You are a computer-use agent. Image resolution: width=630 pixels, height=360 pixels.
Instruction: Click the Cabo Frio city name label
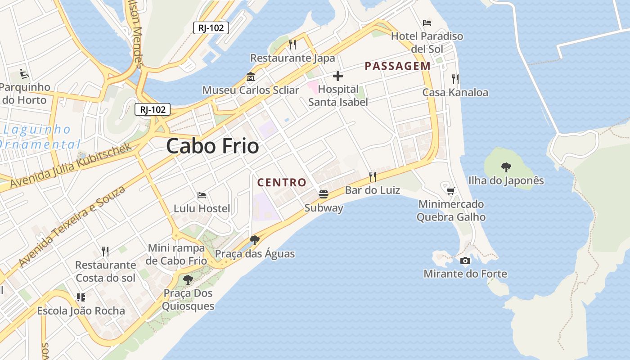tap(212, 146)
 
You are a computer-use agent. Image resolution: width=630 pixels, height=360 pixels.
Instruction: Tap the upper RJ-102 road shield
tap(211, 28)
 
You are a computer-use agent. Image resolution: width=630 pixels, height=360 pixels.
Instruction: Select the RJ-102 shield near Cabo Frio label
tap(153, 109)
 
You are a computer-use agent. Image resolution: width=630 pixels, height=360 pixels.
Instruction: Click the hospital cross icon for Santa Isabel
tap(337, 76)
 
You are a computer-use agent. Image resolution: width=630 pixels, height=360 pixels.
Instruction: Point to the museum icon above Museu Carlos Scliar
tap(250, 77)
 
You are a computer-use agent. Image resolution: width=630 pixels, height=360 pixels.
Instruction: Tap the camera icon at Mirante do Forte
tap(465, 261)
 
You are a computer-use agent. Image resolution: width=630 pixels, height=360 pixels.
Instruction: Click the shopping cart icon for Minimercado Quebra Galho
tap(450, 191)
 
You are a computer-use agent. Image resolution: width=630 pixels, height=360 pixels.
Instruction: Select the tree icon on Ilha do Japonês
tap(506, 167)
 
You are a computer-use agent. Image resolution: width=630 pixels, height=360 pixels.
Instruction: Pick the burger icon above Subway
tap(323, 194)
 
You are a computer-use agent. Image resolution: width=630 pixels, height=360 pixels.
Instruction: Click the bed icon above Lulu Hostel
tap(202, 195)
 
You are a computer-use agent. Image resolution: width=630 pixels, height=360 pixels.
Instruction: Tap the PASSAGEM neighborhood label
tap(397, 66)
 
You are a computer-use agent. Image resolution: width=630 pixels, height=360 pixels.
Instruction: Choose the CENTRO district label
tap(282, 182)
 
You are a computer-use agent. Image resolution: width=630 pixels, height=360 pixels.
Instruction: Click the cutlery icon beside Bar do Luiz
tap(372, 176)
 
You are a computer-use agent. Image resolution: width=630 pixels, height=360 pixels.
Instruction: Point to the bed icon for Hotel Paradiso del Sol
tap(427, 22)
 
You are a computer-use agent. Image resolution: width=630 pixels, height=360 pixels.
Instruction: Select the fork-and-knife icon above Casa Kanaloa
tap(455, 79)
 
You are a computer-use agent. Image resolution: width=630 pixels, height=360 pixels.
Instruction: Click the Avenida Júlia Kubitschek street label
tap(71, 166)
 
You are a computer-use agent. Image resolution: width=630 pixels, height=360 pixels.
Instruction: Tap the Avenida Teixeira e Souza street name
tap(72, 226)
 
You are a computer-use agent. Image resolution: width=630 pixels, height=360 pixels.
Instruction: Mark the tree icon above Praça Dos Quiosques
tap(188, 280)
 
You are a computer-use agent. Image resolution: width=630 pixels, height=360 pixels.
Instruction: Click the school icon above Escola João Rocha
tap(81, 297)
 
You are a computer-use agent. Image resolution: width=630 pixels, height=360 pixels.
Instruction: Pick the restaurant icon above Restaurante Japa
tap(292, 44)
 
